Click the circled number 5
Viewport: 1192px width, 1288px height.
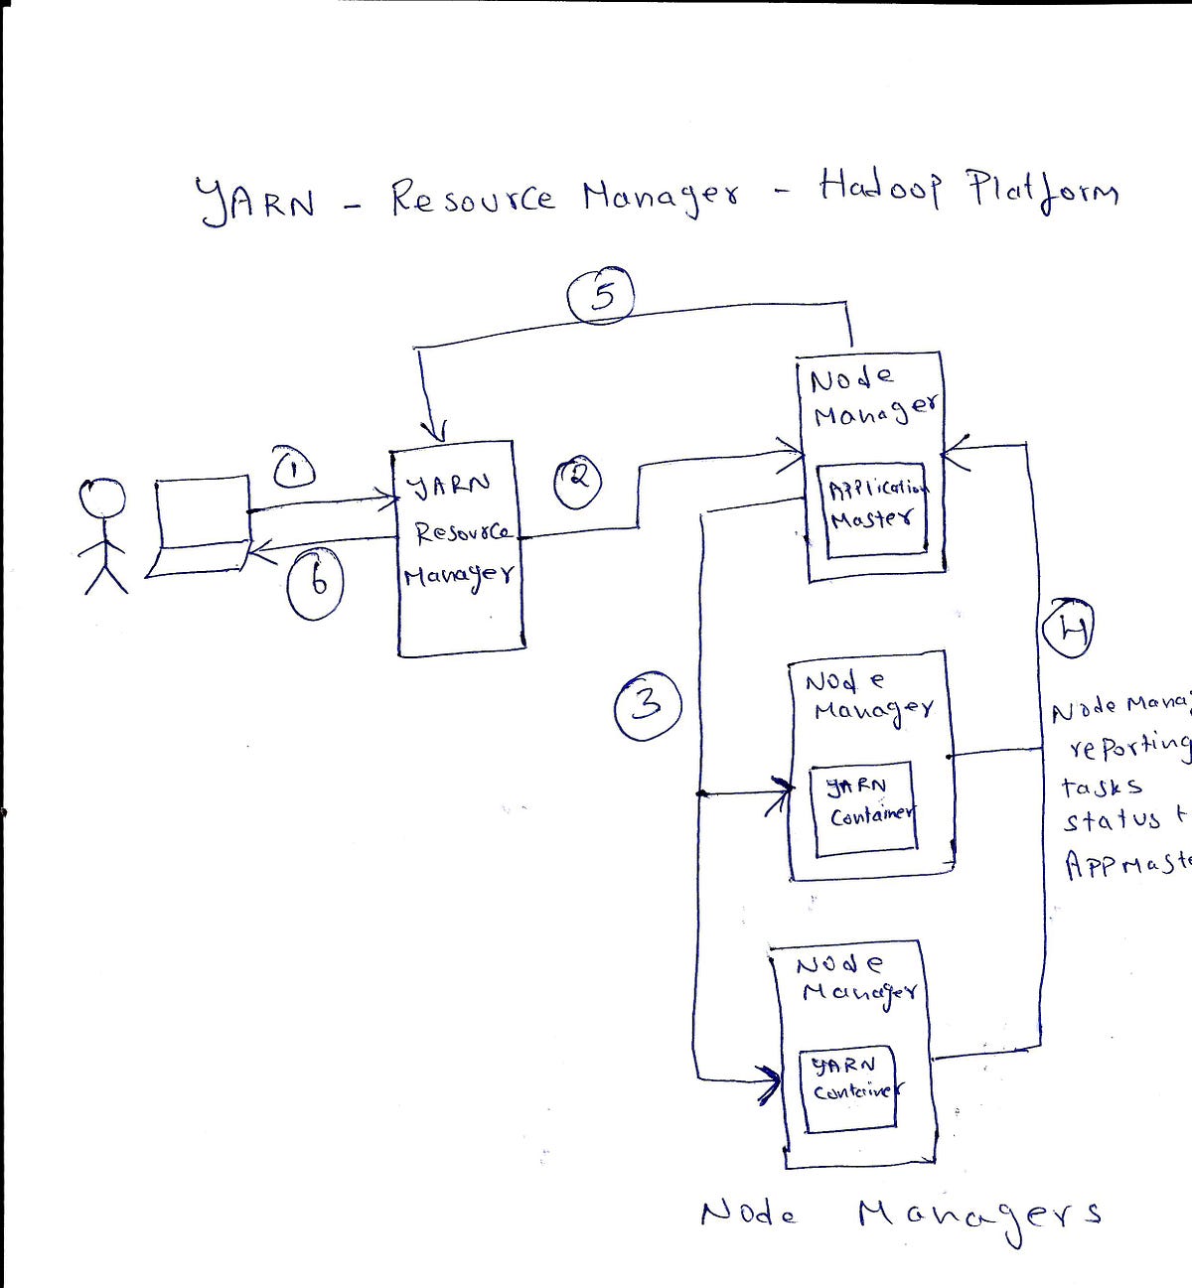pos(602,296)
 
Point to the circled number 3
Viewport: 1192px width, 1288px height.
pos(648,705)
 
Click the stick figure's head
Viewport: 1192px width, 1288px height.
pos(102,499)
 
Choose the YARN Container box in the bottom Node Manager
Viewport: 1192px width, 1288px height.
pos(850,1086)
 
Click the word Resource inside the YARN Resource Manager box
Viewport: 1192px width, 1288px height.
pos(461,532)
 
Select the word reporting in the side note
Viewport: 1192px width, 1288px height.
pos(1128,746)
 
